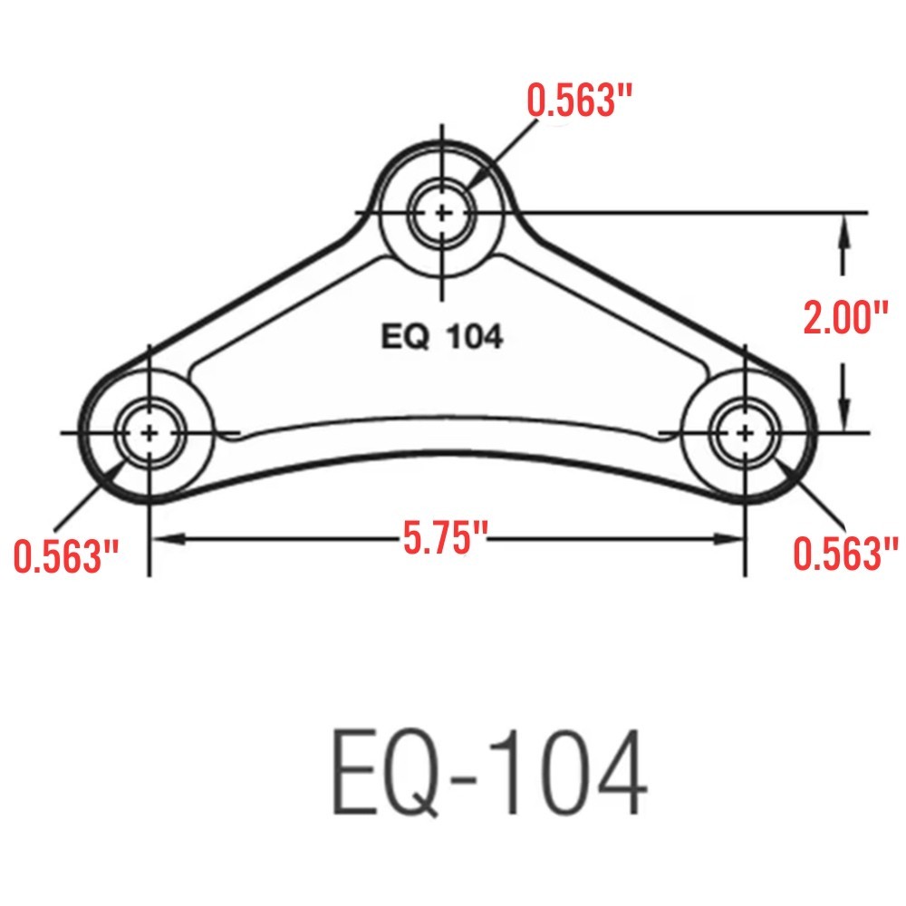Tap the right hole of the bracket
pyautogui.click(x=745, y=432)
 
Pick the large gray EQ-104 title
pyautogui.click(x=489, y=775)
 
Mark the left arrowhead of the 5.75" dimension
pyautogui.click(x=163, y=539)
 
